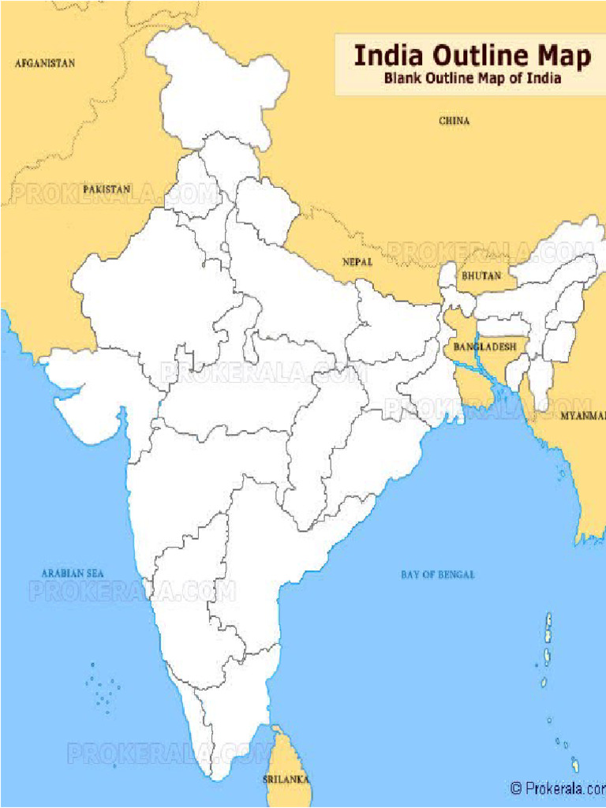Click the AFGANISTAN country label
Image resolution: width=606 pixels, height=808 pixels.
point(44,62)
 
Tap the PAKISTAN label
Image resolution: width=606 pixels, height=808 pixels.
point(107,189)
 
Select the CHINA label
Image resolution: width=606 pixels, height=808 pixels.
point(454,121)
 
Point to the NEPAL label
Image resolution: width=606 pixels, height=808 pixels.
point(357,261)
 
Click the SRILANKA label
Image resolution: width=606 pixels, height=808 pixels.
point(286,780)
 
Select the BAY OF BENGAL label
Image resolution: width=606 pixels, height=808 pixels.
point(437,574)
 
